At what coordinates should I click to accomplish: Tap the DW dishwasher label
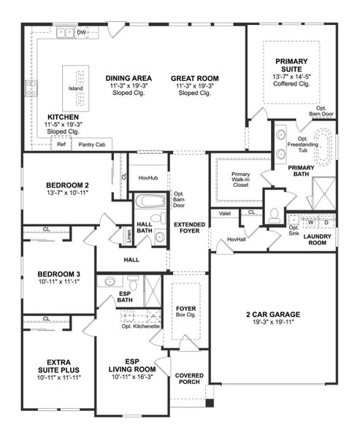(x=82, y=33)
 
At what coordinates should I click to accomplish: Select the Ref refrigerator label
(x=62, y=145)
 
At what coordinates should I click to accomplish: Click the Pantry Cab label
(x=93, y=145)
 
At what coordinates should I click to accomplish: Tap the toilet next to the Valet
(x=275, y=214)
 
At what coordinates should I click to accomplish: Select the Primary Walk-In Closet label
(x=240, y=180)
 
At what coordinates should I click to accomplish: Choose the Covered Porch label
(x=189, y=380)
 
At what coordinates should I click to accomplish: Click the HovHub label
(x=148, y=177)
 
